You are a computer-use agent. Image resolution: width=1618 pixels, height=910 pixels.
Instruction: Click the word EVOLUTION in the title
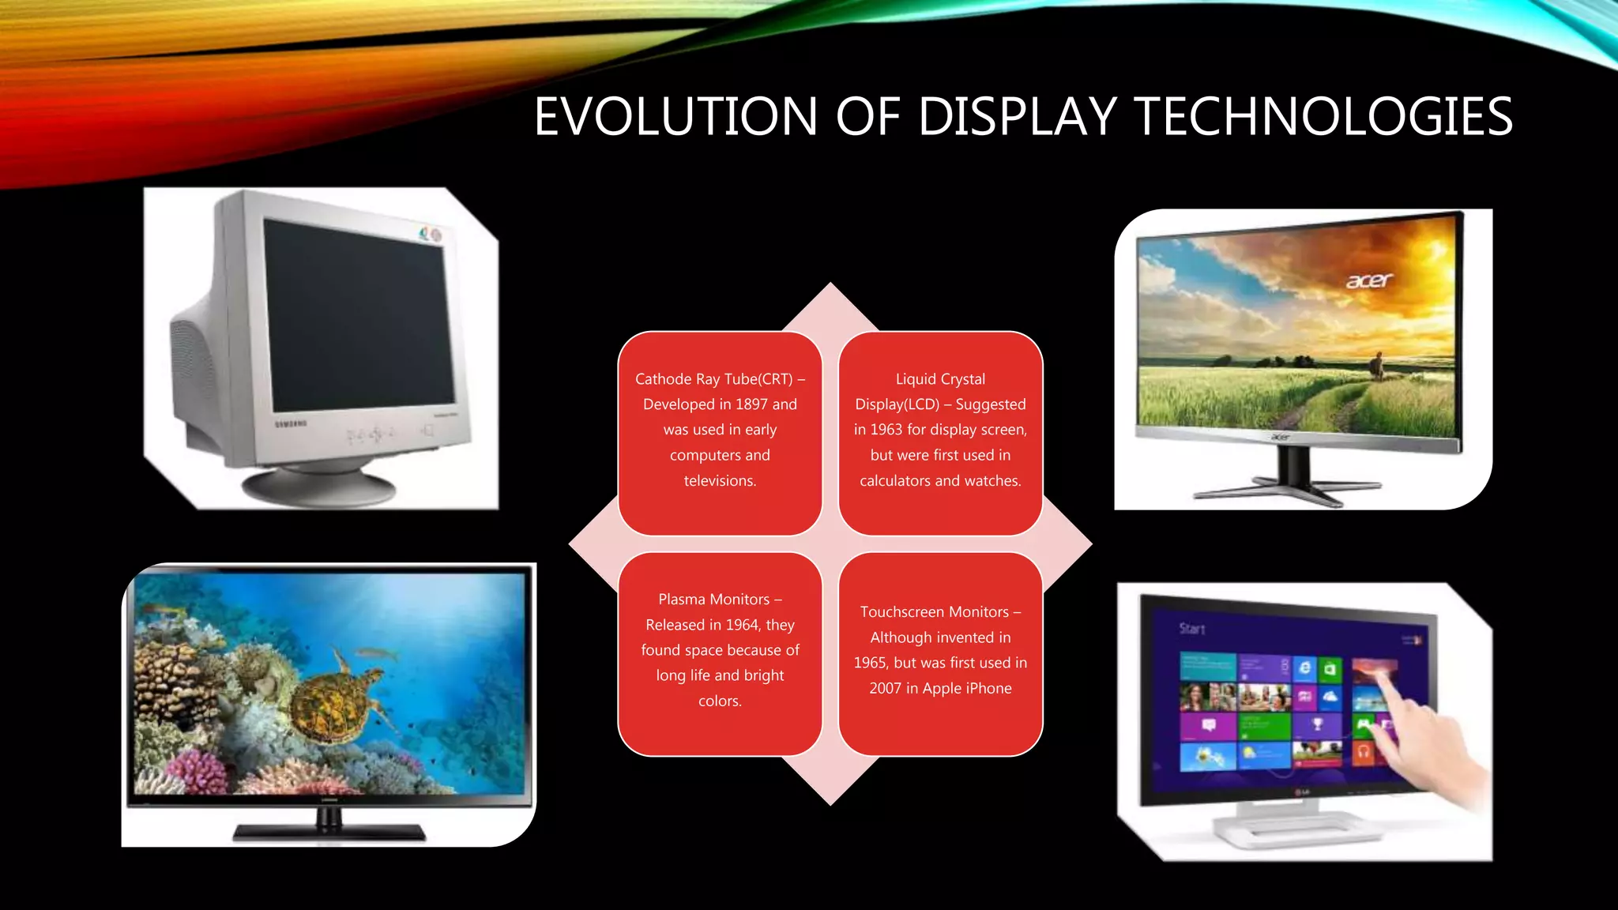point(675,117)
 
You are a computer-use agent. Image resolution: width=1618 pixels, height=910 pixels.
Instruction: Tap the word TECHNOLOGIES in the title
point(1323,117)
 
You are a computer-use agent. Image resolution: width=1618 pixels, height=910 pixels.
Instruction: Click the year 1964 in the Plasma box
point(742,625)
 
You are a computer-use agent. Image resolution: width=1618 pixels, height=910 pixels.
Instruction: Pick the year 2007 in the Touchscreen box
point(886,688)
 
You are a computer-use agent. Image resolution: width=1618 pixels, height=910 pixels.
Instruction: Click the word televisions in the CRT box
point(719,480)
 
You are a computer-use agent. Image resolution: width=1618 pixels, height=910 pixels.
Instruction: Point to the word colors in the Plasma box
point(718,701)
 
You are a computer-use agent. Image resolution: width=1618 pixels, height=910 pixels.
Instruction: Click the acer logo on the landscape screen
point(1369,280)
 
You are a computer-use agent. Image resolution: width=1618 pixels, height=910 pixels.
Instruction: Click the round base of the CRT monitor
point(318,486)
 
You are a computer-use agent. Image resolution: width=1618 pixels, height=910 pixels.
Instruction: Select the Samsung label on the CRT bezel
point(290,424)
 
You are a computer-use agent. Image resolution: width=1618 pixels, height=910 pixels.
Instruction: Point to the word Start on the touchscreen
point(1192,629)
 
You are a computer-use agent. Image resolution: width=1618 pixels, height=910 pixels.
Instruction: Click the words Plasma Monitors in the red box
point(713,600)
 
